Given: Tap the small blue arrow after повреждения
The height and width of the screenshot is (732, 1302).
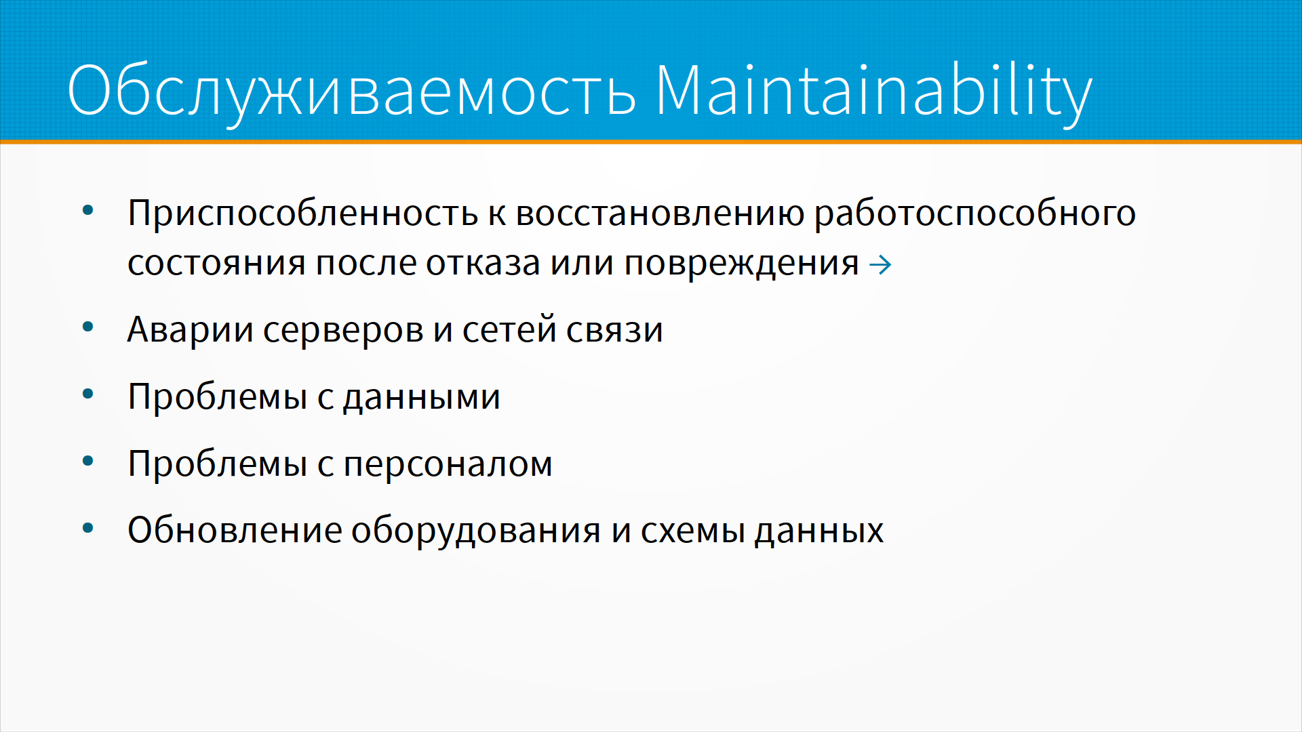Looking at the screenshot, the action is pos(880,264).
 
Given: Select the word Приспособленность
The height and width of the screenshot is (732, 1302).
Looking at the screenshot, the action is pos(303,214).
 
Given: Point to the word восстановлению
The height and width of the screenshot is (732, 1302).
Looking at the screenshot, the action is pos(660,214).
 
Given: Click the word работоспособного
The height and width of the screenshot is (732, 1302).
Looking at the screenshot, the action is pos(975,214).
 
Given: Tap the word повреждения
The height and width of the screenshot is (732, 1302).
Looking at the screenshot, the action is pos(742,264).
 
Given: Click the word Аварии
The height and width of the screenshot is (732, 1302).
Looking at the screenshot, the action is pos(191,331).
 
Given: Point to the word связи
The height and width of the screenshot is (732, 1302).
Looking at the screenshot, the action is pos(614,331).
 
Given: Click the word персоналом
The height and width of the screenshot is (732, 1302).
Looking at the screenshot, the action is pos(448,465).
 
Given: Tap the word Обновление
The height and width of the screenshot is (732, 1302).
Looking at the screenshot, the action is pos(235,529).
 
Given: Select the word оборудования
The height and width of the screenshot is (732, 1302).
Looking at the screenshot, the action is pos(476,531).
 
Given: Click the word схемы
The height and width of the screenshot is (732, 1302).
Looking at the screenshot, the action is pos(693,531).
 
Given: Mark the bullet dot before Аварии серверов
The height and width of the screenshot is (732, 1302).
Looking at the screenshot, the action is pos(87,327).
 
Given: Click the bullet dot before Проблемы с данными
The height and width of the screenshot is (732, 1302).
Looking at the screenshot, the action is pos(87,394).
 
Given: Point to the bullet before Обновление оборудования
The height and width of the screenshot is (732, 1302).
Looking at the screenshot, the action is pos(87,527).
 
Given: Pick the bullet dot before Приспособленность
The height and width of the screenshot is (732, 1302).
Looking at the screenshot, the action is pos(87,211).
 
